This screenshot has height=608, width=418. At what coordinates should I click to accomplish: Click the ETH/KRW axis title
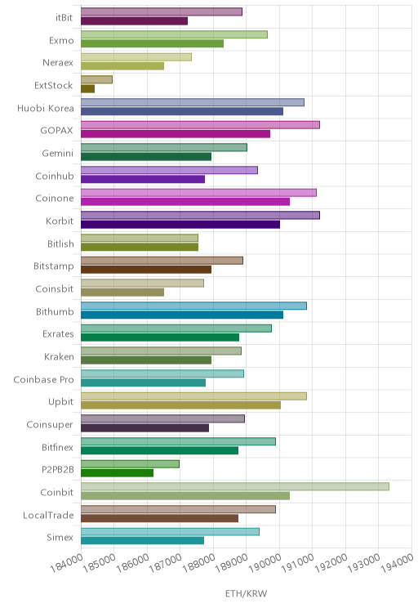pyautogui.click(x=246, y=593)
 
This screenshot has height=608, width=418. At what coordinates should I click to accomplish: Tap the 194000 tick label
pyautogui.click(x=397, y=563)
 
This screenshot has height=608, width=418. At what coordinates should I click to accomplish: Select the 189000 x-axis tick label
pyautogui.click(x=232, y=563)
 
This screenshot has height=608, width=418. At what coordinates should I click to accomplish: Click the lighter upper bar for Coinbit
pyautogui.click(x=235, y=486)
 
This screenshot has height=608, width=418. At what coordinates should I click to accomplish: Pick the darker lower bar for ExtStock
pyautogui.click(x=87, y=89)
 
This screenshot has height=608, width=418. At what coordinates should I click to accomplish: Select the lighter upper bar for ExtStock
pyautogui.click(x=96, y=79)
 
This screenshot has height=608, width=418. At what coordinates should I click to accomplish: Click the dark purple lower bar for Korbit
pyautogui.click(x=180, y=225)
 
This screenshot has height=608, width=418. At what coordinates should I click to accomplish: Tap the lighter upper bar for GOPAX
pyautogui.click(x=200, y=125)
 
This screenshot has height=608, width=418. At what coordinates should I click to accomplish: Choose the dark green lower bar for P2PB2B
pyautogui.click(x=117, y=473)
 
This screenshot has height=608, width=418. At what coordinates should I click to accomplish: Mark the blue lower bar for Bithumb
pyautogui.click(x=182, y=315)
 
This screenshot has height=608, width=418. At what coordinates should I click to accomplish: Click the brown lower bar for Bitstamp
pyautogui.click(x=146, y=270)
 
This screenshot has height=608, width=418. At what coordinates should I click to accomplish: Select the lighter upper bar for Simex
pyautogui.click(x=170, y=532)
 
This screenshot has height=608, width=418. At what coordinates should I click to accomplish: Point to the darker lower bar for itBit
pyautogui.click(x=134, y=21)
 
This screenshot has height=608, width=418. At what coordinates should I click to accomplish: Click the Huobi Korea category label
pyautogui.click(x=46, y=108)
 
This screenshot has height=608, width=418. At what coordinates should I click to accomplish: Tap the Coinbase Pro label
pyautogui.click(x=43, y=380)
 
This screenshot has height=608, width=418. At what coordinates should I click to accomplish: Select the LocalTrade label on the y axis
pyautogui.click(x=48, y=516)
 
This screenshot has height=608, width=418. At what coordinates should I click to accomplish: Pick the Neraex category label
pyautogui.click(x=58, y=63)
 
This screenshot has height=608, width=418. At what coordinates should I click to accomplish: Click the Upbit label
pyautogui.click(x=60, y=402)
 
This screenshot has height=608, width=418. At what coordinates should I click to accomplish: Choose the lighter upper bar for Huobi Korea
pyautogui.click(x=193, y=102)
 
